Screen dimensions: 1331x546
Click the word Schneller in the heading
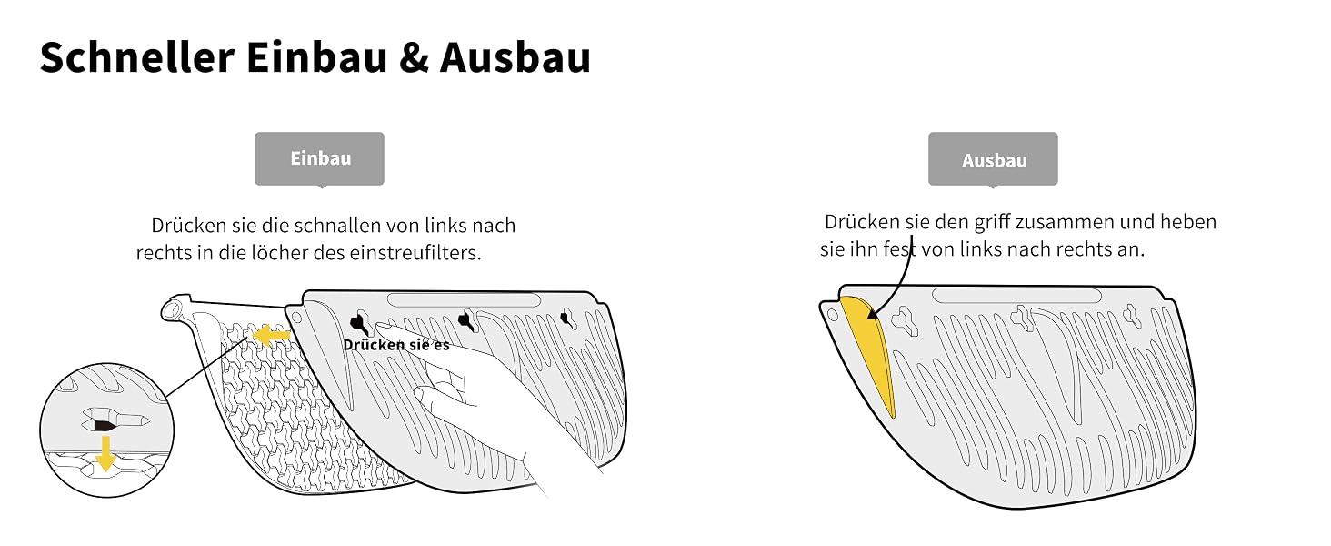pyautogui.click(x=137, y=57)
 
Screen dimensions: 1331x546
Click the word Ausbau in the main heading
pyautogui.click(x=515, y=57)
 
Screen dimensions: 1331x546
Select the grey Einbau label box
pyautogui.click(x=320, y=159)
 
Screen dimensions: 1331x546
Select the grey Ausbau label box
pyautogui.click(x=993, y=159)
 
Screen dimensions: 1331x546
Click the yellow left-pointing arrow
pyautogui.click(x=272, y=336)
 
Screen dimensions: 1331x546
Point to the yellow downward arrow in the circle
pyautogui.click(x=105, y=453)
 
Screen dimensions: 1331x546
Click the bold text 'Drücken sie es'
pyautogui.click(x=396, y=345)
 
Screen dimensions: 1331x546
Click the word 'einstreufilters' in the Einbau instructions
pyautogui.click(x=415, y=253)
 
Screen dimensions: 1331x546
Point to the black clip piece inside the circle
pyautogui.click(x=105, y=425)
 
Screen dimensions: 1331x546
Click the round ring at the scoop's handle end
pyautogui.click(x=172, y=310)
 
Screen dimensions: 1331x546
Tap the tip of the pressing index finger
pyautogui.click(x=380, y=326)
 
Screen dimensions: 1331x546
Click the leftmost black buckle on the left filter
pyautogui.click(x=359, y=323)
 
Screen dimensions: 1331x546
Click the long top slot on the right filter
pyautogui.click(x=1016, y=295)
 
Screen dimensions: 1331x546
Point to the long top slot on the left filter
pyautogui.click(x=464, y=299)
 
